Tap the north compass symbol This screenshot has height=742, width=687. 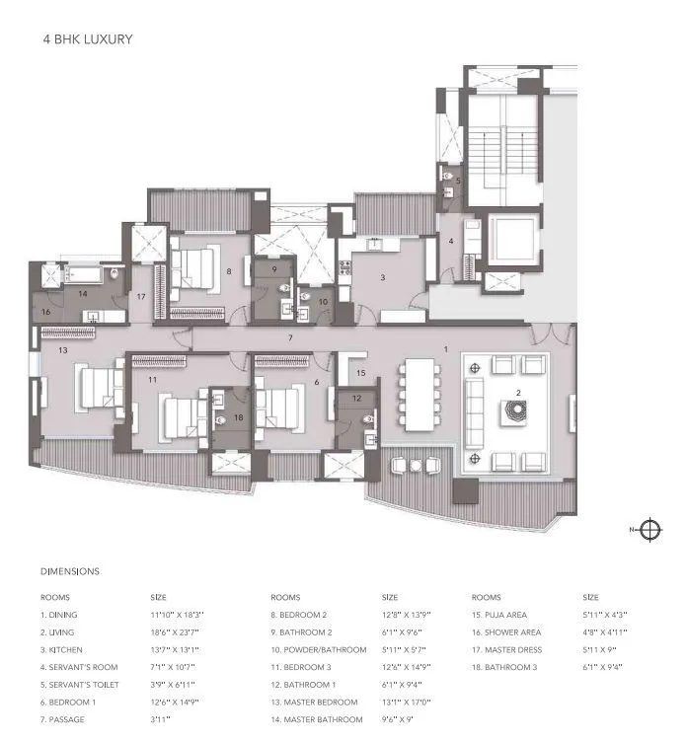[650, 530]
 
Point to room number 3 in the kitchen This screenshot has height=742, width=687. [384, 278]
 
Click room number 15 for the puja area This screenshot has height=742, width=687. [361, 373]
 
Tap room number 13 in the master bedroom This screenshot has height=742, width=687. [62, 350]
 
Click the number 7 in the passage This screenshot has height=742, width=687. [290, 338]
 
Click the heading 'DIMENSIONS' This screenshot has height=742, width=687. [70, 571]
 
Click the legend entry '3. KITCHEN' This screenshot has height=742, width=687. [61, 650]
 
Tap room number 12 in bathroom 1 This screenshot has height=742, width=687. [357, 399]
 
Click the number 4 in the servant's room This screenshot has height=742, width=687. [450, 241]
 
